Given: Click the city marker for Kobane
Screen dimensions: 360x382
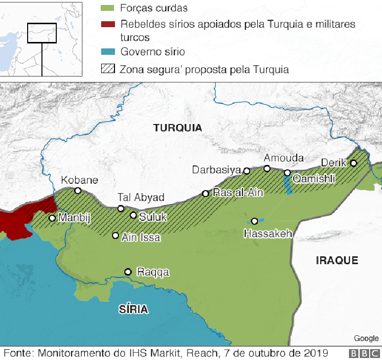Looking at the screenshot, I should click(77, 191).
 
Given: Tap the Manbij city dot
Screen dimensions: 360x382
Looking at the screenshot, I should click(52, 218).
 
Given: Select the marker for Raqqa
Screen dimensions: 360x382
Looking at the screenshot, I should click(128, 272).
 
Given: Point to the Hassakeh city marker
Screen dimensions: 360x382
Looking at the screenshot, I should click(255, 221).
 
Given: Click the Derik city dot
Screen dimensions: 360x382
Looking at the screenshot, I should click(353, 163).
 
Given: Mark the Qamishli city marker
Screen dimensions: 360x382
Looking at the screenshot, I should click(287, 173).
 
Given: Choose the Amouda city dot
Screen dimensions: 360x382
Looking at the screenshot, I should click(267, 168).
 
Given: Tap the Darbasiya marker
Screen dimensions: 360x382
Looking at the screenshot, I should click(247, 171).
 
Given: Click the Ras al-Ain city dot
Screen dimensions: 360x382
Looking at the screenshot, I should click(206, 194).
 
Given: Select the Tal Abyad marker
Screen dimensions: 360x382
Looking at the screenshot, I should click(121, 208).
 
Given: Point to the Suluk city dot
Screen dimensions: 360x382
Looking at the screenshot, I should click(133, 215).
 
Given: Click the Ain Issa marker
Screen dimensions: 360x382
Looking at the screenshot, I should click(115, 236).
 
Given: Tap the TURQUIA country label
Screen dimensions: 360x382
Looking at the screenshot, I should click(178, 128).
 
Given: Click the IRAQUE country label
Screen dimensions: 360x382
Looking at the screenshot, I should click(337, 261).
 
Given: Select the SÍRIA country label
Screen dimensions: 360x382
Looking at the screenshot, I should click(133, 310).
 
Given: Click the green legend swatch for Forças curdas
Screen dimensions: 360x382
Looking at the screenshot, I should click(107, 8).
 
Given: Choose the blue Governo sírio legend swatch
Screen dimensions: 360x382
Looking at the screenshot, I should click(107, 51).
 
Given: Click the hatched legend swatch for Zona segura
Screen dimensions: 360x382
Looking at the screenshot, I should click(107, 69).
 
